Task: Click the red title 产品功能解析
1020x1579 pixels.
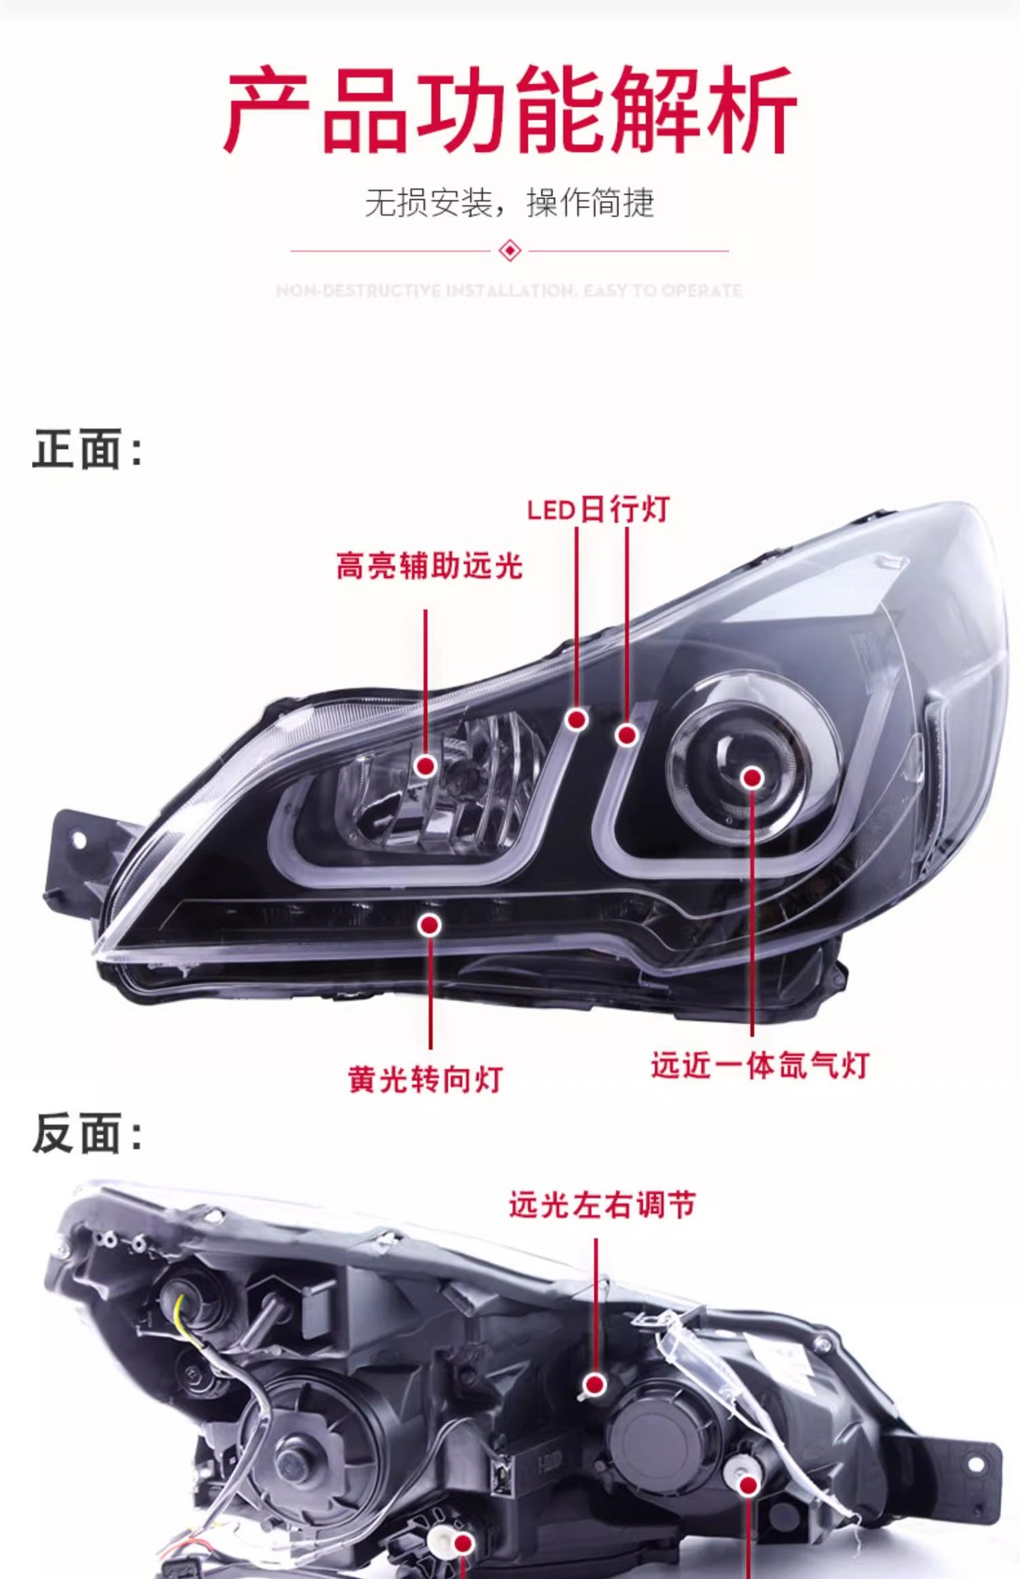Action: pos(510,110)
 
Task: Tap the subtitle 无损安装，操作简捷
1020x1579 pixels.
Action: pos(509,202)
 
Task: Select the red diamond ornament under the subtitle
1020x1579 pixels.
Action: pos(510,250)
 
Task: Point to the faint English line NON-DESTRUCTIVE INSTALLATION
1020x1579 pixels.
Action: pos(509,290)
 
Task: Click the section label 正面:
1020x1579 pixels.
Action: pos(87,450)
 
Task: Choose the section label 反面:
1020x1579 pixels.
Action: pos(87,1134)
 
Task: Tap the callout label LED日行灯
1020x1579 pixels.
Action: pos(598,510)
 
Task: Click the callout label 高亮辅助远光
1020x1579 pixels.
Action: pos(429,566)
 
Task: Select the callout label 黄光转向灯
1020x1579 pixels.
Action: pos(425,1079)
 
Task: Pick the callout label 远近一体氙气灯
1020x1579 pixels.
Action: pos(760,1065)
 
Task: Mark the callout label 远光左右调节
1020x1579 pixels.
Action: pos(602,1205)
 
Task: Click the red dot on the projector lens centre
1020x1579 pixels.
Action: pos(752,778)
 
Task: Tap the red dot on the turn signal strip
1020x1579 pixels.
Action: pos(429,925)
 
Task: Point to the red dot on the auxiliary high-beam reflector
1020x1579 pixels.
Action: pos(425,766)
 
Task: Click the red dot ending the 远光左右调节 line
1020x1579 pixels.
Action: pos(596,1384)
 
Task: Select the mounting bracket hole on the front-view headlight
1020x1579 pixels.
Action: pos(78,840)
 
